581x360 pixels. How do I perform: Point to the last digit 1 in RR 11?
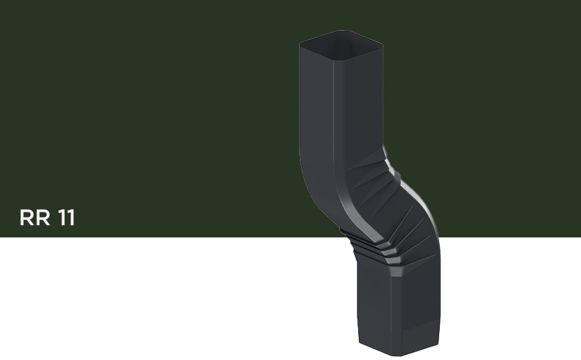71,218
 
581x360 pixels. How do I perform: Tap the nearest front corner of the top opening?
333,60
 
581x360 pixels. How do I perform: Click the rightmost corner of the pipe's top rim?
383,45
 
